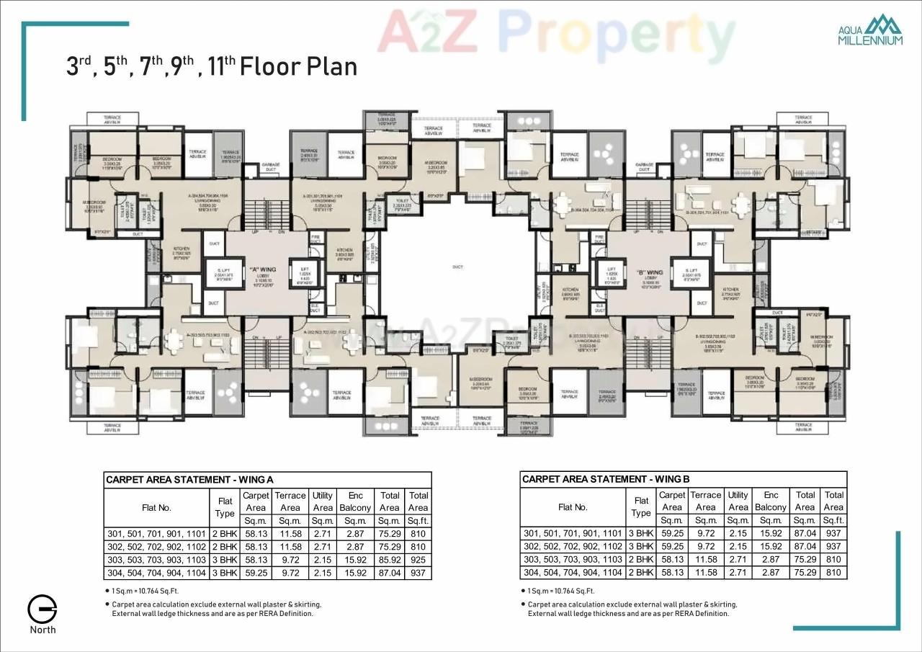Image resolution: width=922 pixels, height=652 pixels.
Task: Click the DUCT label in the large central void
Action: pyautogui.click(x=457, y=267)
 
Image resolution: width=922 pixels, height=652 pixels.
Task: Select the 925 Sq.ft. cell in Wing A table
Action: pyautogui.click(x=418, y=560)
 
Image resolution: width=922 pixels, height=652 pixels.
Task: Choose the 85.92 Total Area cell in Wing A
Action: pyautogui.click(x=389, y=560)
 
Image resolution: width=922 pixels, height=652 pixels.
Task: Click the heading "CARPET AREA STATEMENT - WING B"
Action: pyautogui.click(x=606, y=479)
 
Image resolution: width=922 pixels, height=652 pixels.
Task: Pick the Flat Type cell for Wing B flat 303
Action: pyautogui.click(x=640, y=560)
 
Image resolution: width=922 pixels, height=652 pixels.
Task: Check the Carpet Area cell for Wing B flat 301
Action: pyautogui.click(x=671, y=534)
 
